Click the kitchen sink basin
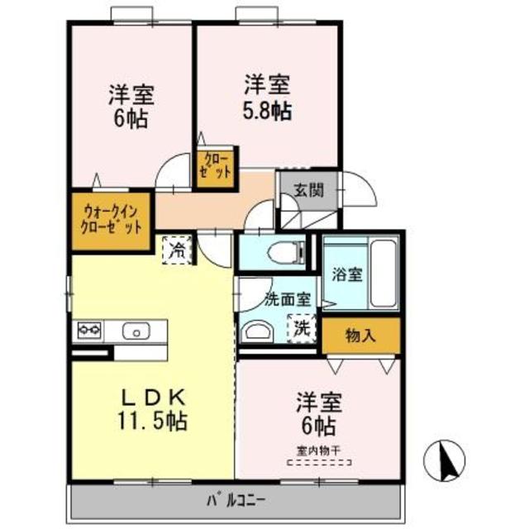pyautogui.click(x=133, y=331)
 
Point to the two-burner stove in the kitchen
pyautogui.click(x=88, y=331)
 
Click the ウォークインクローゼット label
pyautogui.click(x=112, y=221)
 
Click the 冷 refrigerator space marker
pyautogui.click(x=177, y=249)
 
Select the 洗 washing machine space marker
pyautogui.click(x=302, y=328)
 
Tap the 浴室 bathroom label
pyautogui.click(x=346, y=275)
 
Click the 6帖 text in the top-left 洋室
pyautogui.click(x=131, y=118)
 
